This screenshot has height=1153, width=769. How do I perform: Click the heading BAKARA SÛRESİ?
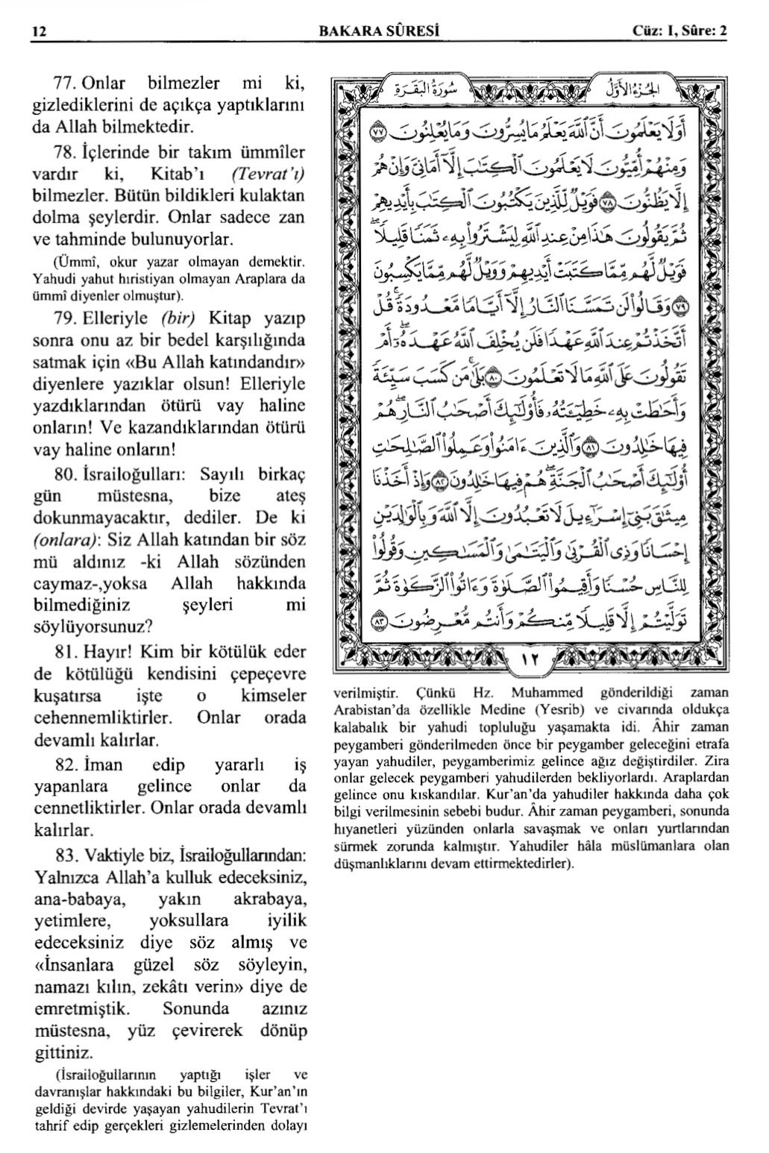tap(377, 32)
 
